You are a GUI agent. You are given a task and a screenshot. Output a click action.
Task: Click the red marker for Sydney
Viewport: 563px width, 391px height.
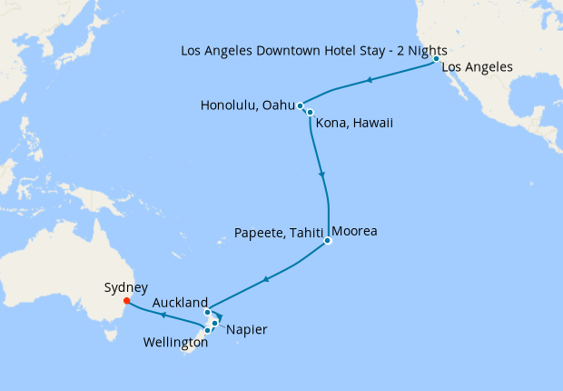point(126,301)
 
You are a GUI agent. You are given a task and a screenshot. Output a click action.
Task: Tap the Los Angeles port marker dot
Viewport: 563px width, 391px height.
point(437,59)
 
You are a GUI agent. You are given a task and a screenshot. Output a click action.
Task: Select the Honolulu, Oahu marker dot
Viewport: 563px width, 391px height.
point(301,106)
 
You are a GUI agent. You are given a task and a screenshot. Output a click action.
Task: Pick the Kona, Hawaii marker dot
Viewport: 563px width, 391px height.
point(310,113)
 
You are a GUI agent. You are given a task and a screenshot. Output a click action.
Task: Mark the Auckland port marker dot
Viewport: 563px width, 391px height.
point(208,313)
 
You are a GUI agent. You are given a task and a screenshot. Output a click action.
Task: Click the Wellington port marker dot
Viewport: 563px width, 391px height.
point(208,330)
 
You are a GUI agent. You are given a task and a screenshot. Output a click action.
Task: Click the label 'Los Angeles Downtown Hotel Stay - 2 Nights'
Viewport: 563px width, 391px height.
point(313,51)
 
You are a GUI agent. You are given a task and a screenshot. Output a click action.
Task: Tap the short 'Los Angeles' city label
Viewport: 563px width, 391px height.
point(478,67)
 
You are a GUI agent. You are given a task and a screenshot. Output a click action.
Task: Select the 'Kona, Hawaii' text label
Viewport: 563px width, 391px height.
point(355,123)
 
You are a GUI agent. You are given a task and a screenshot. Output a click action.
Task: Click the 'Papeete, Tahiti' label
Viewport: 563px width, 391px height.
point(278,232)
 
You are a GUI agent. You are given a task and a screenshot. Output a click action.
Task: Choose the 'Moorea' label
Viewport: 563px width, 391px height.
point(354,231)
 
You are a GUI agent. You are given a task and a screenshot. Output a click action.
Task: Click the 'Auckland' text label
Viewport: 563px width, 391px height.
point(181,302)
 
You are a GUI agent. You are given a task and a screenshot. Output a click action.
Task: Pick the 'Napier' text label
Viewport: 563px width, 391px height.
point(247,329)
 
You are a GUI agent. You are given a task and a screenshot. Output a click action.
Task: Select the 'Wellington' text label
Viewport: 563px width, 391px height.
point(175,343)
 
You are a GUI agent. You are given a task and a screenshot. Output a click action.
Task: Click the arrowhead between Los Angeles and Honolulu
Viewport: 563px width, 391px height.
point(370,81)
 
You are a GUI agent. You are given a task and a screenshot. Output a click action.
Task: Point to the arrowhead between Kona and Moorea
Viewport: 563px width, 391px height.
point(321,174)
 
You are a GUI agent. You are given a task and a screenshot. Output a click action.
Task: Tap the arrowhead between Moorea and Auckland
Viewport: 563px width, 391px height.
point(264,279)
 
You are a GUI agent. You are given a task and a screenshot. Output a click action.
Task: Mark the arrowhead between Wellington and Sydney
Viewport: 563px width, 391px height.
point(162,316)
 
